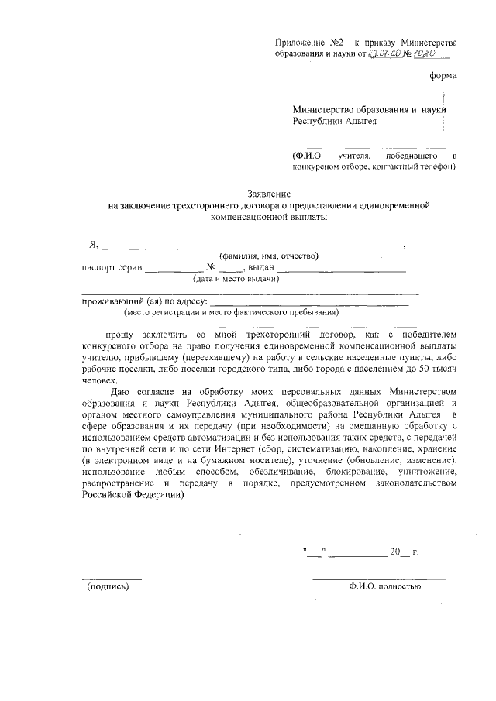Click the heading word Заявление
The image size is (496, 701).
pos(268,194)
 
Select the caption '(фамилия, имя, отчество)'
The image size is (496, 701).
pos(268,256)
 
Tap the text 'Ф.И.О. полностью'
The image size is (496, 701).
pos(385,586)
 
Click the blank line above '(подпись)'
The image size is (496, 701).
pos(112,577)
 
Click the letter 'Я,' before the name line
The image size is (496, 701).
pos(94,245)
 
